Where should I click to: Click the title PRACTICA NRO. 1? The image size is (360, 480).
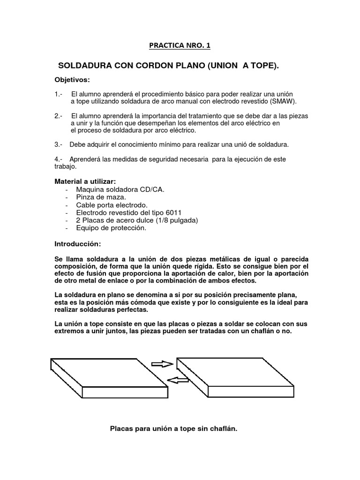[180, 45]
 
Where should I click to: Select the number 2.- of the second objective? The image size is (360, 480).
[59, 116]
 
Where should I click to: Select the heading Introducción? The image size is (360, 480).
[77, 244]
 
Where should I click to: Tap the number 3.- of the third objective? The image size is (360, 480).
[59, 144]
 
